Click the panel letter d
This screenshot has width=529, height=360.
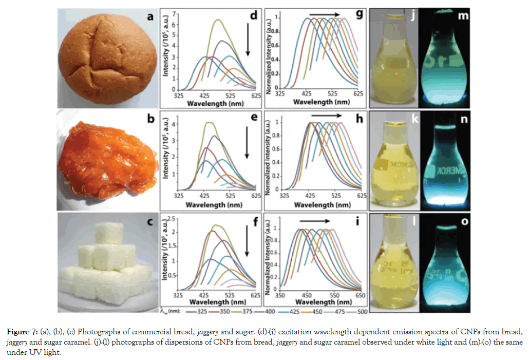tap(253, 16)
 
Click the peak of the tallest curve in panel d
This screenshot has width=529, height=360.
tap(218, 20)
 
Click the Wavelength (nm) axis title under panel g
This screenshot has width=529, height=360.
tap(319, 102)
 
